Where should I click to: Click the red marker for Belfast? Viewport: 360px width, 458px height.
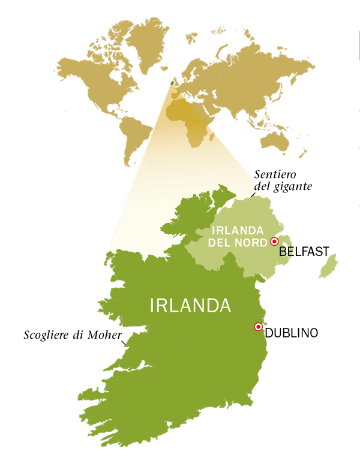click(x=274, y=241)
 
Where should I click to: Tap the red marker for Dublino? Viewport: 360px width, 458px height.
click(x=258, y=327)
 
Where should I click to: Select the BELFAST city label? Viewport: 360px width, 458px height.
click(x=304, y=252)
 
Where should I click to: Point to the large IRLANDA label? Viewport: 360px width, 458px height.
click(x=190, y=305)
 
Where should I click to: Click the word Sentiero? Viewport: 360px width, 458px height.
click(x=277, y=174)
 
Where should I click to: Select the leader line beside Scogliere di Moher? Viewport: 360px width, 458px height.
click(x=124, y=343)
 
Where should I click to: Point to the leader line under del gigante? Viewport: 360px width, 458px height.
click(x=250, y=195)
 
